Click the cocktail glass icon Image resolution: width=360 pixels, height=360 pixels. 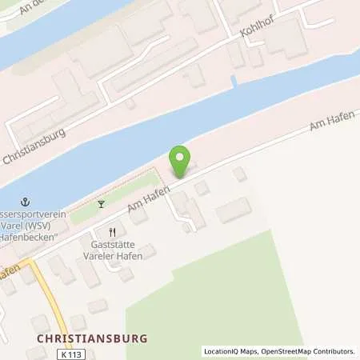coord(101,204)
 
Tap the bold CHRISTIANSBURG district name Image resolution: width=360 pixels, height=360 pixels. coord(92,338)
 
